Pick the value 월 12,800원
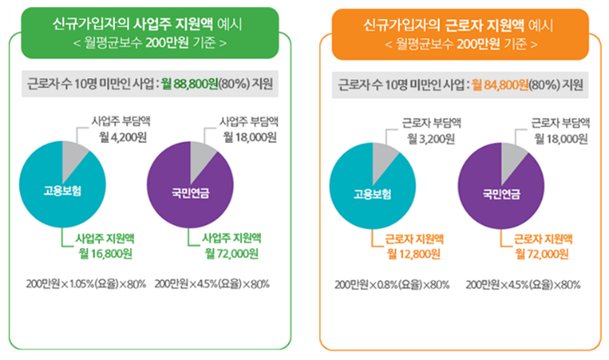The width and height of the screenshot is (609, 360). [x=411, y=253]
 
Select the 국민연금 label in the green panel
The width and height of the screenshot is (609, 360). [x=186, y=190]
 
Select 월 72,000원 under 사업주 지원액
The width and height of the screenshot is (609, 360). [x=232, y=253]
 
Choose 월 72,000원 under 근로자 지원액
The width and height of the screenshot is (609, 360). [x=541, y=253]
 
